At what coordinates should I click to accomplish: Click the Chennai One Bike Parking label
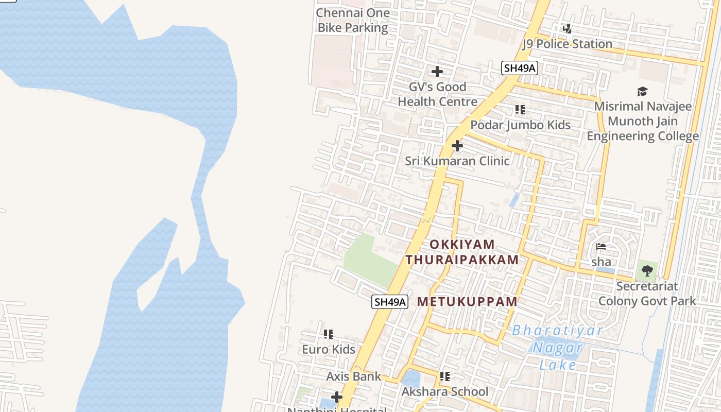[353, 20]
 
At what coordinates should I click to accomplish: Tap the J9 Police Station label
[568, 44]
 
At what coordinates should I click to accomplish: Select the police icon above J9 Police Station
[567, 29]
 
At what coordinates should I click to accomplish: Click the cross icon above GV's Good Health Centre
[437, 72]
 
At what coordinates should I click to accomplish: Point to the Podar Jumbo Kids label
[520, 125]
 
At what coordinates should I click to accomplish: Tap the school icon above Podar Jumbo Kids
[520, 110]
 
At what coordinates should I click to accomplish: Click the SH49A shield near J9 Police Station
[520, 68]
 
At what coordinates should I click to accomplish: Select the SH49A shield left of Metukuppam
[390, 302]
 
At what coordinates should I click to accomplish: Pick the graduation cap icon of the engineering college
[642, 92]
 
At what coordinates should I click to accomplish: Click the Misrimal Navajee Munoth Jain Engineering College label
[643, 121]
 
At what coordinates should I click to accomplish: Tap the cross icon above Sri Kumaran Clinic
[457, 146]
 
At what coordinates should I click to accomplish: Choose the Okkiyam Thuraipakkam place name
[462, 252]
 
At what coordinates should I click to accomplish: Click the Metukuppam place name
[467, 302]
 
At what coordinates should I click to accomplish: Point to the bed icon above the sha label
[600, 247]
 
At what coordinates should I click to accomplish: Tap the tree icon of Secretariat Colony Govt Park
[647, 271]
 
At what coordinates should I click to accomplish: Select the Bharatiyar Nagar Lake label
[557, 348]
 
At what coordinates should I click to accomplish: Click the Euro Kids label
[329, 349]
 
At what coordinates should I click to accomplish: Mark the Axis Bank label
[354, 376]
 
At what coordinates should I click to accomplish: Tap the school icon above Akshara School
[445, 376]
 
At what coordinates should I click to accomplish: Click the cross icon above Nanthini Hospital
[337, 397]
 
